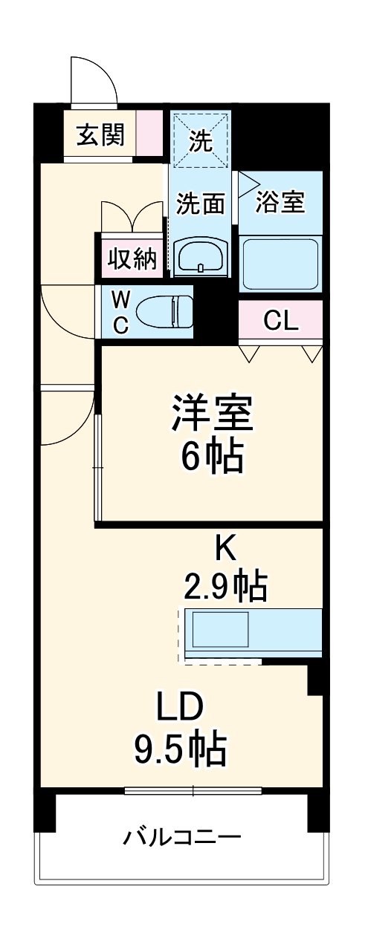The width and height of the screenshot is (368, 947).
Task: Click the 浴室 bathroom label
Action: (280, 202)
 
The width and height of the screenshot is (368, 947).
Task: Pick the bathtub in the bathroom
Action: (280, 264)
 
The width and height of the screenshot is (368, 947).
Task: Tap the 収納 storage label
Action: (132, 259)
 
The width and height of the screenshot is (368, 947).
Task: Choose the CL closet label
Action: (281, 321)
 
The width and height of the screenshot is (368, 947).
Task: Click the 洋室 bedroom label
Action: (213, 414)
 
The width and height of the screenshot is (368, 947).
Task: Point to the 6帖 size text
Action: (213, 458)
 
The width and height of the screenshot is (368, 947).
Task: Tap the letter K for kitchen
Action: (225, 548)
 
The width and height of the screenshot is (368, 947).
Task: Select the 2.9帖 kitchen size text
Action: (225, 587)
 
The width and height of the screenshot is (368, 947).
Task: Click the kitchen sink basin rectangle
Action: (221, 630)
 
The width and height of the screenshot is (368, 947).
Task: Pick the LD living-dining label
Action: (180, 706)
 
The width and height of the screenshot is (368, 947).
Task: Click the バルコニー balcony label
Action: (182, 838)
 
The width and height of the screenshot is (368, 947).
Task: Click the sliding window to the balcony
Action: (193, 790)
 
